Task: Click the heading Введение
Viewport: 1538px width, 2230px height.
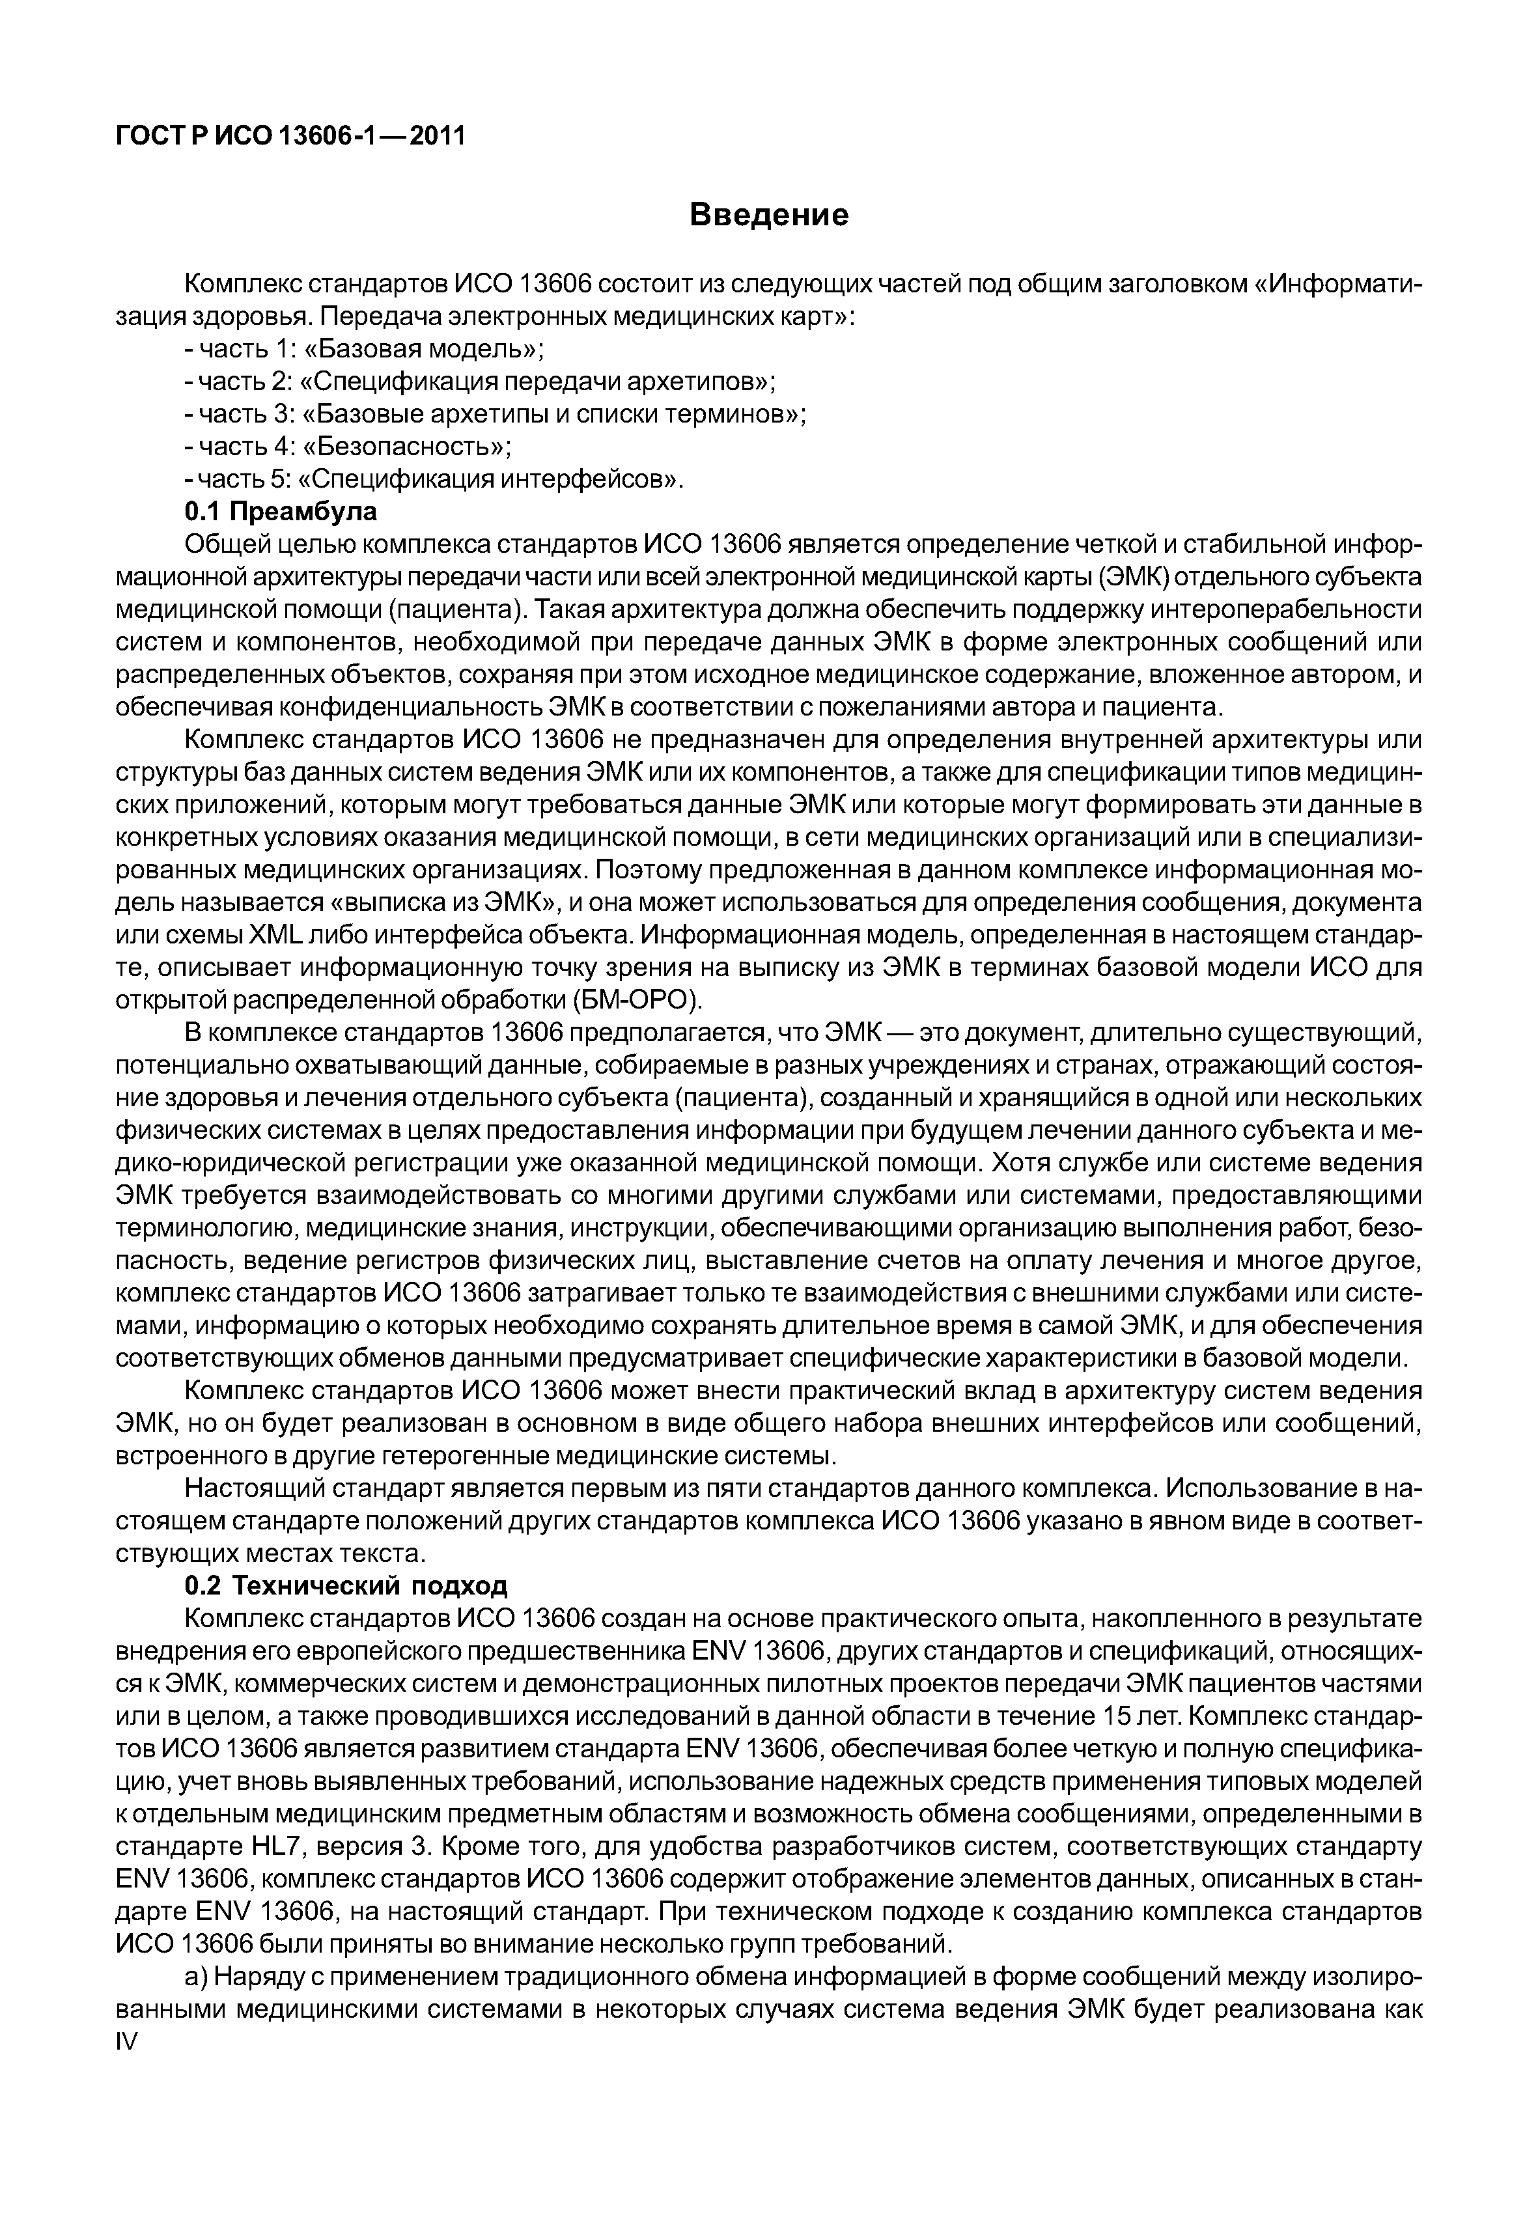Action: point(769,215)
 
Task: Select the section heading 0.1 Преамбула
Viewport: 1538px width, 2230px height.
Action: point(281,510)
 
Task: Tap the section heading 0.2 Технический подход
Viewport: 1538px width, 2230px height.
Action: point(345,1585)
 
